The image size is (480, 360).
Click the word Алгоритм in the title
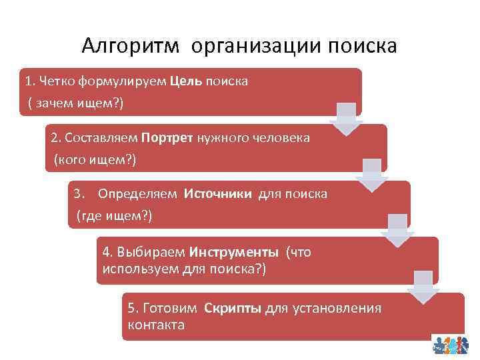click(x=131, y=46)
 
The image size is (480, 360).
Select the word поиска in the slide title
click(x=361, y=46)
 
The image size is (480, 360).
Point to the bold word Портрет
click(x=167, y=137)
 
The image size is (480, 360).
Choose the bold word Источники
click(x=217, y=193)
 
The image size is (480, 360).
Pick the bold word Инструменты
click(x=234, y=252)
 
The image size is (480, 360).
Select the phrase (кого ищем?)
click(x=95, y=160)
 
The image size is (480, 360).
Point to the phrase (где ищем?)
click(x=114, y=216)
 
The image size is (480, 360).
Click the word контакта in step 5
click(x=156, y=325)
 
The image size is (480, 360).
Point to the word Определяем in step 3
click(x=137, y=193)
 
